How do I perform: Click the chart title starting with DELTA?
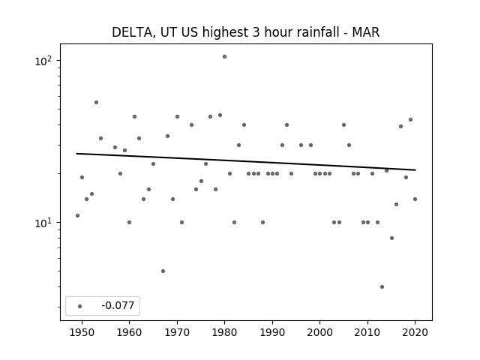pos(245,32)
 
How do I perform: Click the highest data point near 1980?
pos(224,57)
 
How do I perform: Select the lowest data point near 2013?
pos(382,286)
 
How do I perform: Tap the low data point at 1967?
pos(163,271)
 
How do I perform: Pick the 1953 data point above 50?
pos(97,102)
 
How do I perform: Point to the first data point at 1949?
pos(77,215)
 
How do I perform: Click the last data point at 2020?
pos(415,199)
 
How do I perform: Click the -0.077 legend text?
pos(118,305)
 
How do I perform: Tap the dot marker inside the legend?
pos(80,306)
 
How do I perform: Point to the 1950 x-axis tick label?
pos(82,332)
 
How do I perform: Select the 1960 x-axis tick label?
pos(129,332)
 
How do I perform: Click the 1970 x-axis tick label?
pos(177,332)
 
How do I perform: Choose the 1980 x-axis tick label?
pos(224,332)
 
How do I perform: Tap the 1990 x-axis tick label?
pos(272,332)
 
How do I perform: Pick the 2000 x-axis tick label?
pos(320,332)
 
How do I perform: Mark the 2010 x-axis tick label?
pos(367,332)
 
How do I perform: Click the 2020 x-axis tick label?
pos(415,332)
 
